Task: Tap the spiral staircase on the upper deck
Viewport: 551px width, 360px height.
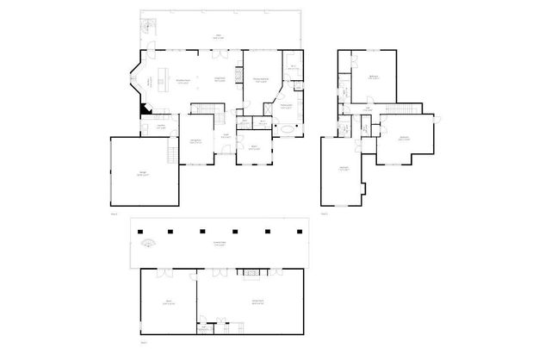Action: pyautogui.click(x=148, y=27)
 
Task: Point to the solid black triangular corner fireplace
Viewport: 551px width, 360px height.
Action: pyautogui.click(x=143, y=109)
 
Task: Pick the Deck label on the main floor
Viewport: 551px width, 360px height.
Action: pyautogui.click(x=218, y=36)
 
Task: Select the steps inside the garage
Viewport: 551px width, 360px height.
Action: pyautogui.click(x=172, y=153)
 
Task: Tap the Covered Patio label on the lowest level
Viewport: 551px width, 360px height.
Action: pyautogui.click(x=220, y=244)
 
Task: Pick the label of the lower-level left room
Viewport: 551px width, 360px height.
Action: pyautogui.click(x=169, y=302)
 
